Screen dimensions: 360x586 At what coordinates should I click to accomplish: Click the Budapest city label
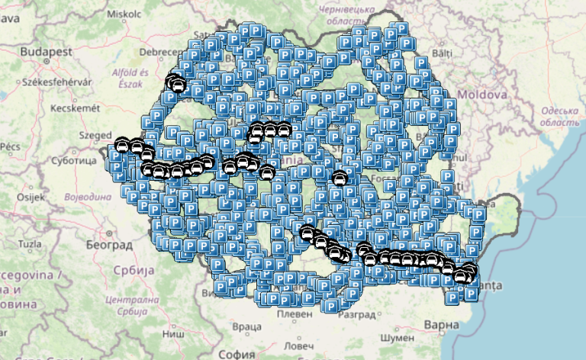click(47, 51)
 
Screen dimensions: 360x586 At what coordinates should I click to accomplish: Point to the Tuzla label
click(29, 244)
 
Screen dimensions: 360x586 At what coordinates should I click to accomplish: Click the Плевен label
click(295, 314)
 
